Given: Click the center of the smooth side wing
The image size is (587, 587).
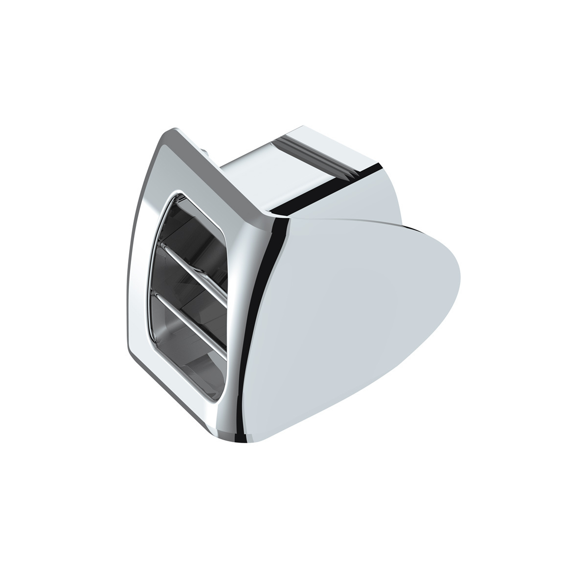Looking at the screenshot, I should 352,313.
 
